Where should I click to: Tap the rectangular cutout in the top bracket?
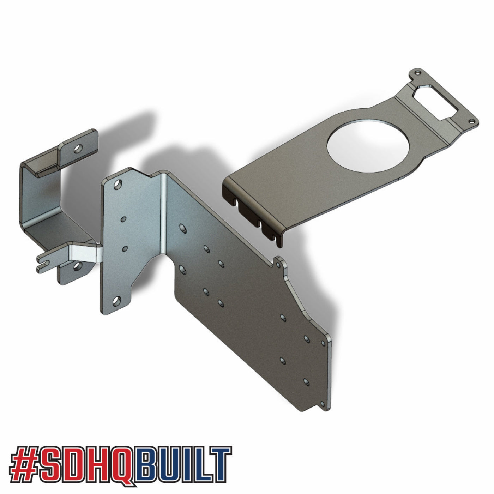click(437, 101)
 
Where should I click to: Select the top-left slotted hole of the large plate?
click(118, 185)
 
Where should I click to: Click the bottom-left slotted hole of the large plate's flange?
click(116, 301)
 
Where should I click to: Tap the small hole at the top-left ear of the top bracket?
click(418, 73)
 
